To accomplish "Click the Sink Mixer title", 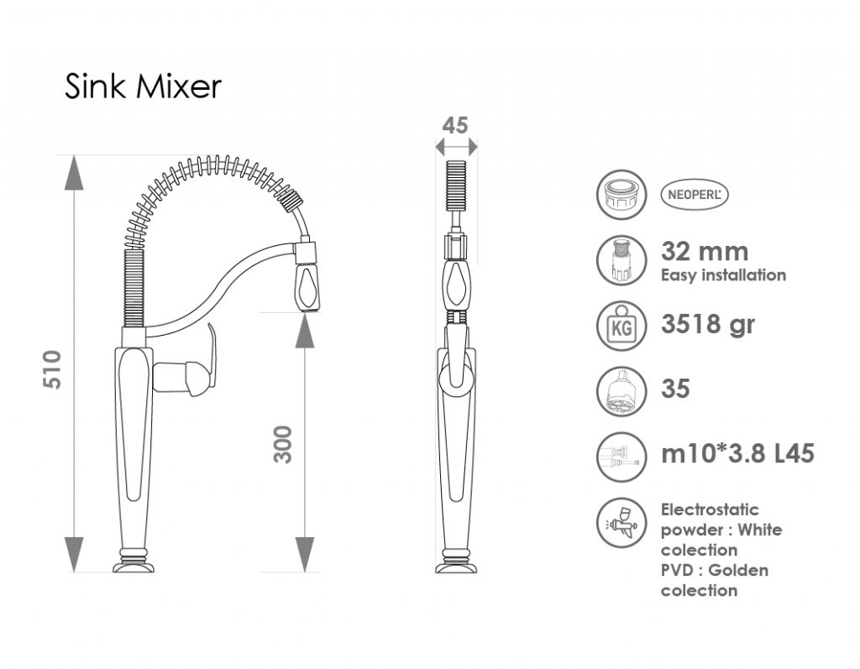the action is click(143, 86).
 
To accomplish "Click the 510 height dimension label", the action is click(53, 369).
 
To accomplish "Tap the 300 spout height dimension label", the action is click(283, 444).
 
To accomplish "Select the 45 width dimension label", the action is click(455, 126).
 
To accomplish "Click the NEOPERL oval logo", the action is click(695, 195).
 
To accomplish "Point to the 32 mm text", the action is click(705, 251).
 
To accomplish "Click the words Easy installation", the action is click(723, 274).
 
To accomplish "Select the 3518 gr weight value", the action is click(708, 323).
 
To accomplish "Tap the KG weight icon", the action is click(621, 326).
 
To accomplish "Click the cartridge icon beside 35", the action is click(621, 391).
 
